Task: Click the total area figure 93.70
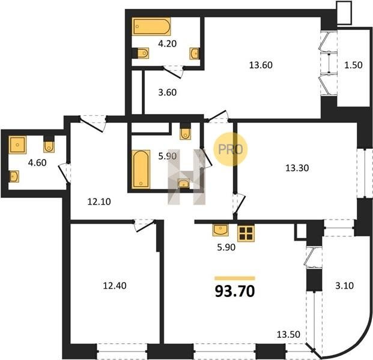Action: [235, 291]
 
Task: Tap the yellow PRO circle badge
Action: [231, 149]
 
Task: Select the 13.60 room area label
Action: [261, 65]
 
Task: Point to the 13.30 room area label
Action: [297, 168]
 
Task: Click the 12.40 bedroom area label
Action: [115, 286]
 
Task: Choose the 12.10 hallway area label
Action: [99, 202]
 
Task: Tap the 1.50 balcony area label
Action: [354, 65]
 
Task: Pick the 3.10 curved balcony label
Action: [344, 285]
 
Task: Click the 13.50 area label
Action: [288, 334]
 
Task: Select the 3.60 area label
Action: [168, 92]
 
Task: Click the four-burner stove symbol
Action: [246, 233]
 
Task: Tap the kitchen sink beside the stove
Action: [220, 230]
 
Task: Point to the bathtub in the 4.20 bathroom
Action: [151, 26]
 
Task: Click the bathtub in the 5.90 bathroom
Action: [141, 169]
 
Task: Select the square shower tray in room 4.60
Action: [17, 145]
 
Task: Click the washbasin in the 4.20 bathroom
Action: [195, 53]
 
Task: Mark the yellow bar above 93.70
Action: [235, 278]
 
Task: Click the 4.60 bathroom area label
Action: [37, 163]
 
